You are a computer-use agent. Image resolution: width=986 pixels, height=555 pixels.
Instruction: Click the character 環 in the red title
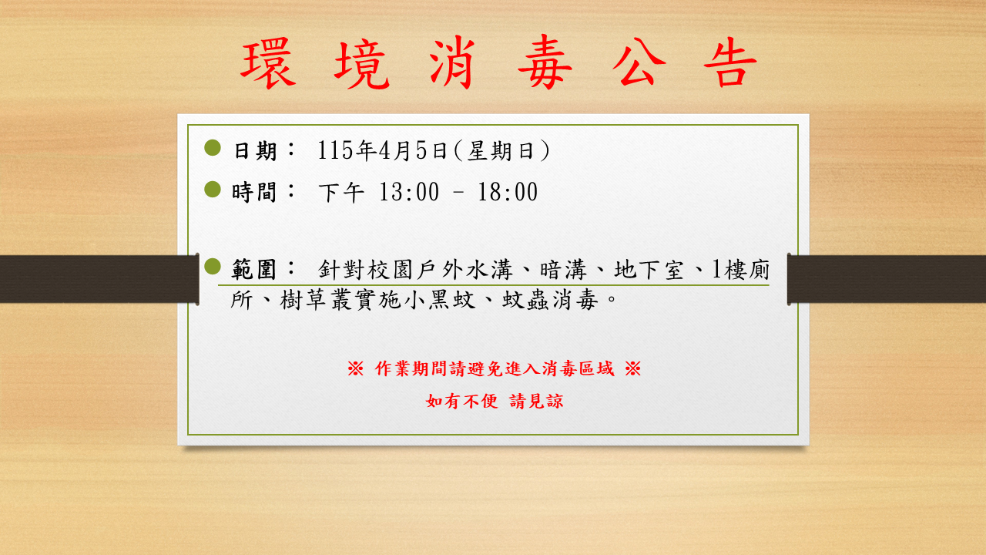click(268, 64)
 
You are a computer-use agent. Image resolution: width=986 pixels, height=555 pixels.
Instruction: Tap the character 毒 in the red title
click(545, 64)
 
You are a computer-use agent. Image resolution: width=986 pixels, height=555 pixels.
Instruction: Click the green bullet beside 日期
click(213, 148)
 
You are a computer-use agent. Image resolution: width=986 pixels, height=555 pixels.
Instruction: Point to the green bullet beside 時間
click(213, 189)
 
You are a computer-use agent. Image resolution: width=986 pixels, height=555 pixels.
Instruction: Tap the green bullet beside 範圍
click(213, 267)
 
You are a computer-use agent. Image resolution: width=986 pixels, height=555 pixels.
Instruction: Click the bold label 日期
click(255, 151)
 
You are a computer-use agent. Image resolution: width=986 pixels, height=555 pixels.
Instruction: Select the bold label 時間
click(255, 192)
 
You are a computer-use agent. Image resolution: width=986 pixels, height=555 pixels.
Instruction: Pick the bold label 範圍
click(255, 270)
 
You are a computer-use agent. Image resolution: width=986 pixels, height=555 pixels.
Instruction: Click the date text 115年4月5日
click(381, 151)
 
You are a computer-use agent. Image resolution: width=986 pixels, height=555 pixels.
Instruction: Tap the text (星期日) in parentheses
click(501, 151)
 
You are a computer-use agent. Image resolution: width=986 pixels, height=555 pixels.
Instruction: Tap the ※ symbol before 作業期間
click(355, 368)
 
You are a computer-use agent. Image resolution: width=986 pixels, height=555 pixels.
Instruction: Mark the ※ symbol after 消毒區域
click(632, 368)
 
